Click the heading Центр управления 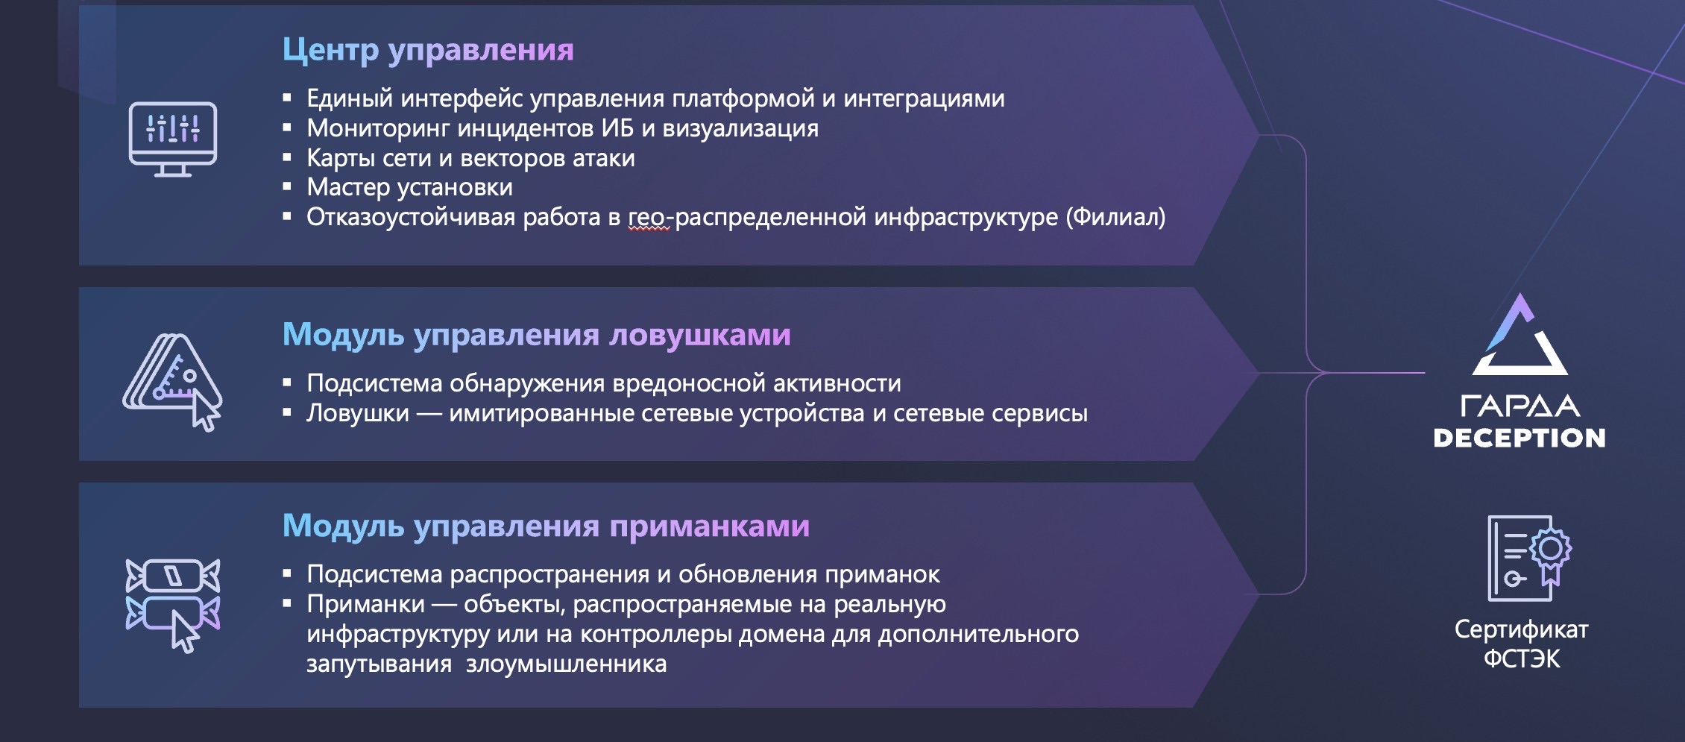pyautogui.click(x=428, y=50)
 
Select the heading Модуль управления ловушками pyautogui.click(x=536, y=335)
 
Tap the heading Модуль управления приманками pyautogui.click(x=546, y=526)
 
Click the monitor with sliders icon pyautogui.click(x=173, y=139)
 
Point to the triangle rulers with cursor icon pyautogui.click(x=172, y=382)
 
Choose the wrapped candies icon pyautogui.click(x=173, y=605)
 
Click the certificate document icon pyautogui.click(x=1529, y=558)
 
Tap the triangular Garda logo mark pyautogui.click(x=1520, y=335)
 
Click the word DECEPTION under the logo pyautogui.click(x=1519, y=438)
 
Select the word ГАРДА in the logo pyautogui.click(x=1519, y=406)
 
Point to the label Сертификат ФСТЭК pyautogui.click(x=1521, y=644)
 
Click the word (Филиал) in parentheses pyautogui.click(x=1115, y=217)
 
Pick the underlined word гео pyautogui.click(x=646, y=218)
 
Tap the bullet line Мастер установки pyautogui.click(x=409, y=187)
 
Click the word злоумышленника pyautogui.click(x=566, y=664)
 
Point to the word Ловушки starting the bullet pyautogui.click(x=358, y=413)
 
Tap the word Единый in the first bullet pyautogui.click(x=350, y=98)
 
